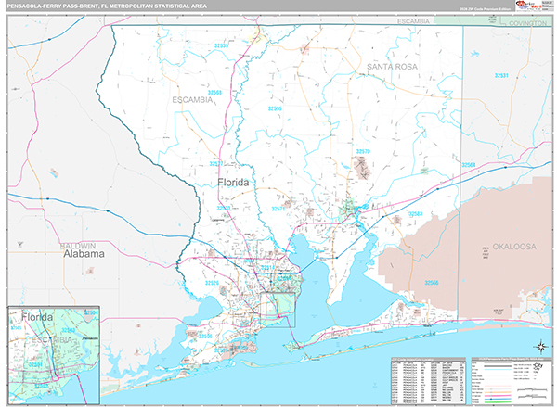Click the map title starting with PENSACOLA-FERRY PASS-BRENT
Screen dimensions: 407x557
point(106,6)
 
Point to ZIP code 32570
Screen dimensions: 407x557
point(363,150)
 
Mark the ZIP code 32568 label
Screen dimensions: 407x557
point(215,93)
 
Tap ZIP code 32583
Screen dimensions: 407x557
point(413,214)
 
